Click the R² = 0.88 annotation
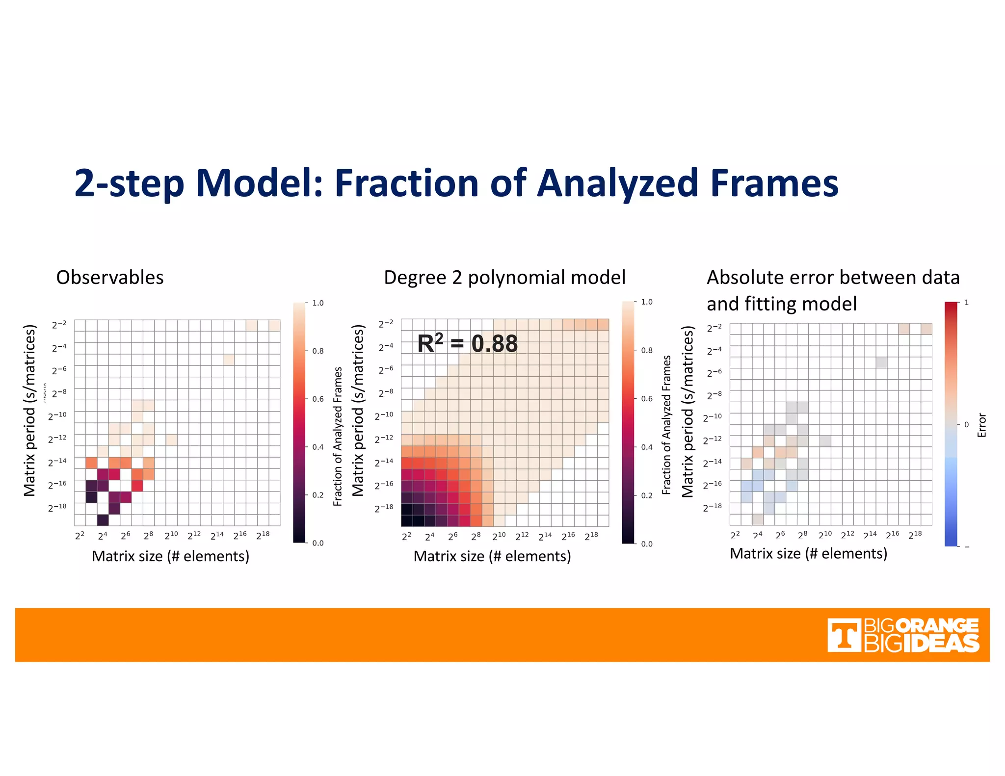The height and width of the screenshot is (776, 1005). tap(467, 343)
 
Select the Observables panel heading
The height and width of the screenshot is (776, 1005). tap(109, 278)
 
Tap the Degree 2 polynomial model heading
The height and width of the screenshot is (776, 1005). tap(504, 278)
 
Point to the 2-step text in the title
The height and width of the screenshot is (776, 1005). tap(129, 183)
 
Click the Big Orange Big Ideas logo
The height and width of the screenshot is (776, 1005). tap(903, 635)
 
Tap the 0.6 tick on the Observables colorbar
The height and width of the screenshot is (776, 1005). tap(318, 399)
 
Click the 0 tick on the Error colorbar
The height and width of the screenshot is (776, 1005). tap(966, 425)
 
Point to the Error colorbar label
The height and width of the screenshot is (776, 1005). tap(981, 425)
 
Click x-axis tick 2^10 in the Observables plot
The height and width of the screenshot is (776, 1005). tap(171, 535)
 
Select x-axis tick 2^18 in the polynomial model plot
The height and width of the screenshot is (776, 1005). tap(591, 536)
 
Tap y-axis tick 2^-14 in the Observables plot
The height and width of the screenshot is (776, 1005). tap(58, 462)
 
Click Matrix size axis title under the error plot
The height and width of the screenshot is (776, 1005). tap(808, 553)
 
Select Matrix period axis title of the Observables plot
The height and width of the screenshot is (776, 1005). tap(29, 410)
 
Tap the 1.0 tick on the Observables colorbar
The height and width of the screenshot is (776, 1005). tap(318, 303)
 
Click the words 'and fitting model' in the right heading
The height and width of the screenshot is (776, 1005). tap(781, 304)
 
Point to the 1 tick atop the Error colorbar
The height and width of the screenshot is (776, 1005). tap(966, 303)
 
